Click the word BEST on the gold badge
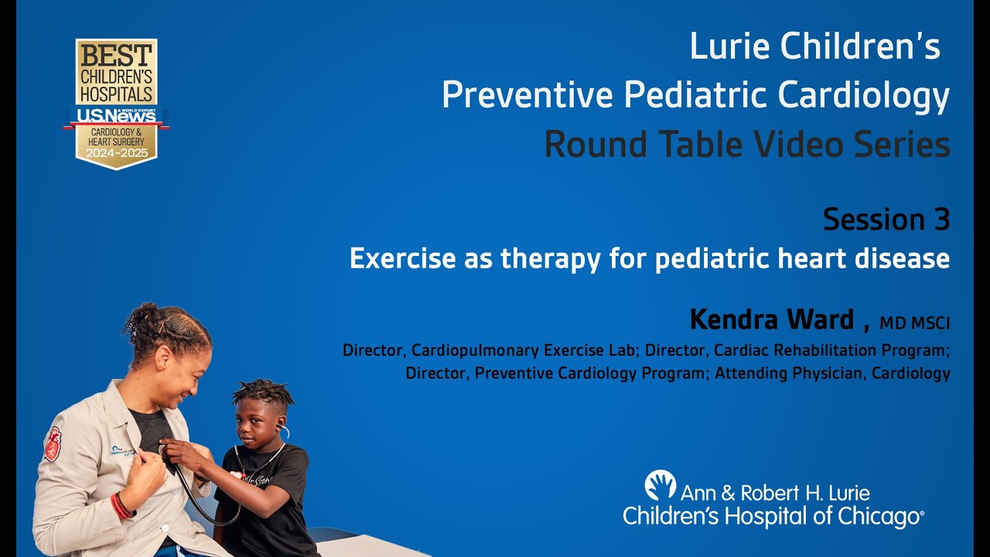(x=116, y=56)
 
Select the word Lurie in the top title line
(x=729, y=47)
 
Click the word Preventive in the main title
(x=527, y=96)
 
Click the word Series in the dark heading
(x=901, y=145)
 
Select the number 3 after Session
(x=940, y=220)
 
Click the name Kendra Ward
(x=771, y=319)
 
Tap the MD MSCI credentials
(x=914, y=322)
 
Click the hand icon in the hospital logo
(x=660, y=485)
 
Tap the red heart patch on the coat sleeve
(x=53, y=444)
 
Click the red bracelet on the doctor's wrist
(x=121, y=506)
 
